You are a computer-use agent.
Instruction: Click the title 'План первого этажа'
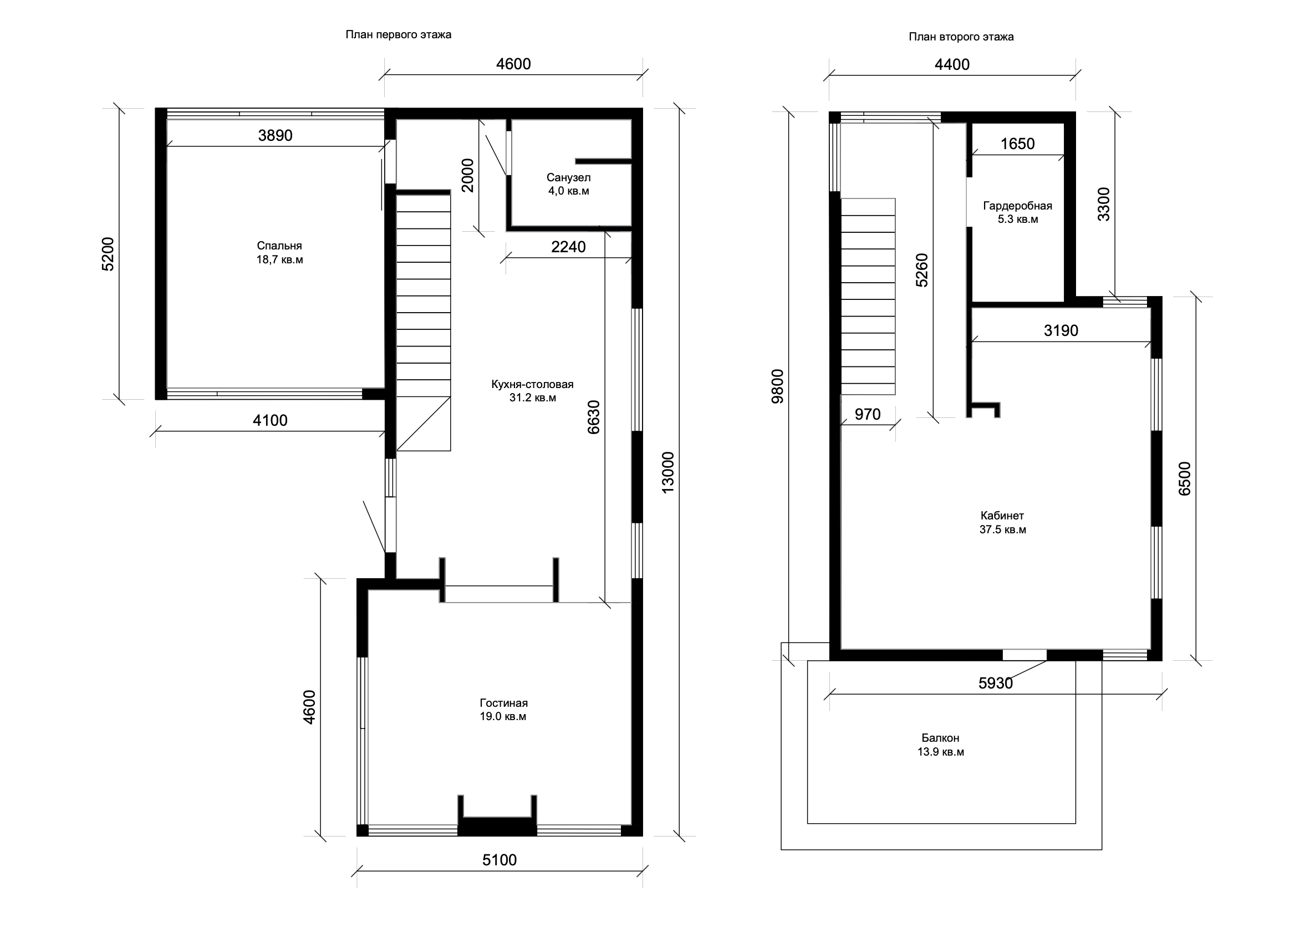(x=398, y=35)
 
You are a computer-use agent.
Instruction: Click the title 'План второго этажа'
(x=961, y=37)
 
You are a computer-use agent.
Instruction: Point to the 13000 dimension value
(x=667, y=472)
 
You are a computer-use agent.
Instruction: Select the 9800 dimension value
(x=778, y=386)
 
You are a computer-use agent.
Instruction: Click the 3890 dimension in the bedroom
(x=276, y=135)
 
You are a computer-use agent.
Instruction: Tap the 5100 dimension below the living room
(x=499, y=860)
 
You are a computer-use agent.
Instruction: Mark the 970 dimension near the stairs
(x=868, y=414)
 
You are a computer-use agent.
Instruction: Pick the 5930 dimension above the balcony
(x=996, y=683)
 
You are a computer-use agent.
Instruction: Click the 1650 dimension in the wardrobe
(x=1018, y=144)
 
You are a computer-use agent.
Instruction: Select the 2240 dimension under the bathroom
(x=568, y=247)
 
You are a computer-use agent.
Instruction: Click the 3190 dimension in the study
(x=1061, y=330)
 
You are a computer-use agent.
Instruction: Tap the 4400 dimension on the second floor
(x=952, y=64)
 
